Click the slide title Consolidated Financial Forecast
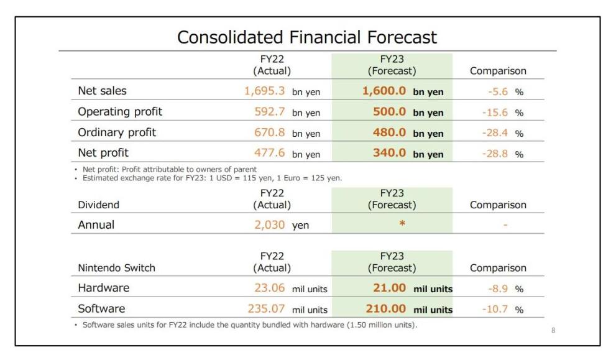307,37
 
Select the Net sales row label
102,91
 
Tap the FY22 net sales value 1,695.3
264,91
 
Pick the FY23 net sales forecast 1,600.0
384,91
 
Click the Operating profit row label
120,112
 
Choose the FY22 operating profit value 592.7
270,112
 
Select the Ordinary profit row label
117,132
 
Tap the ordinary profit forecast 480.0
389,132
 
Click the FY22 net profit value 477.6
270,153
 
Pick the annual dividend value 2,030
270,225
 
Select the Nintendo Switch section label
116,268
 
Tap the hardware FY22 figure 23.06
270,288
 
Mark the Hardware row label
103,288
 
